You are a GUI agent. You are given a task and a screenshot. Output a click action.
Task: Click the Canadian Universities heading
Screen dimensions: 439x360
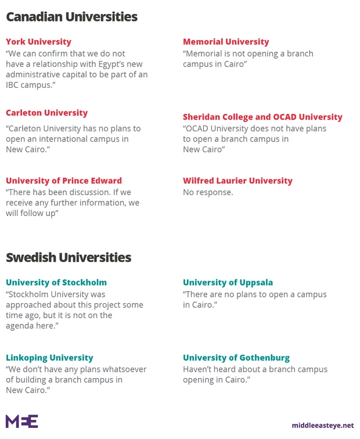coord(71,17)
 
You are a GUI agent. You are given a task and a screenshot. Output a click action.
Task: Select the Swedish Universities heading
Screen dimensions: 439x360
coord(69,257)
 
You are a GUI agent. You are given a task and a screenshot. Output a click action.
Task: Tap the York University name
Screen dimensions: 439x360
coord(38,42)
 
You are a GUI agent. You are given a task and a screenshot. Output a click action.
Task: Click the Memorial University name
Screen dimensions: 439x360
coord(226,42)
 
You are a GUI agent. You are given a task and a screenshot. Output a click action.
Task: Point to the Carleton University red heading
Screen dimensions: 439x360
coord(46,113)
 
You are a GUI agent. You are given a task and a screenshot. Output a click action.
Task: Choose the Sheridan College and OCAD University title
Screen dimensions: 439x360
coord(262,117)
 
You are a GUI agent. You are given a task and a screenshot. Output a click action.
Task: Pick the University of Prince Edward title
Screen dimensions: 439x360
coord(64,181)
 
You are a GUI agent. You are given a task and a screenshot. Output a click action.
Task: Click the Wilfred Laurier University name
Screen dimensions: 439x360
coord(237,181)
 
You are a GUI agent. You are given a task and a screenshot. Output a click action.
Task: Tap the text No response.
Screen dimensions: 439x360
coord(208,192)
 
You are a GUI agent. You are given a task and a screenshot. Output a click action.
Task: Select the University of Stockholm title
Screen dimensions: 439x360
coord(56,283)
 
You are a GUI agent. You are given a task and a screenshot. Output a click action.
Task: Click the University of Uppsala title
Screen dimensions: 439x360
coord(228,283)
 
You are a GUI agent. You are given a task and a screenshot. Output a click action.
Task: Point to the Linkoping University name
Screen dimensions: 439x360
coord(49,358)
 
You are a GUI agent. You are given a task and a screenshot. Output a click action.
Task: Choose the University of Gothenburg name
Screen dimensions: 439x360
coord(236,358)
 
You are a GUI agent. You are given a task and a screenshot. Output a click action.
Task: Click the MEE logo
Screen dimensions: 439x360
coord(22,421)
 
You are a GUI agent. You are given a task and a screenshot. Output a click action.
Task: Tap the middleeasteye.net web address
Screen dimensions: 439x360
coord(323,425)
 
